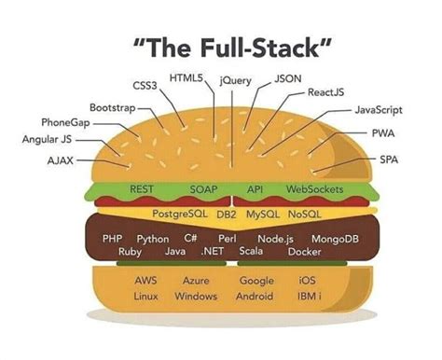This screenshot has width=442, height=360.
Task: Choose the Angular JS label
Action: (x=47, y=141)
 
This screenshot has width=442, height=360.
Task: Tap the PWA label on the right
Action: (x=382, y=134)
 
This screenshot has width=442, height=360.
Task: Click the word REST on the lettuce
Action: (x=143, y=189)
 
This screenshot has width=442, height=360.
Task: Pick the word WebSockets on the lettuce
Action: (x=314, y=189)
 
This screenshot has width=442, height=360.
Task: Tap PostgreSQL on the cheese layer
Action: (x=179, y=215)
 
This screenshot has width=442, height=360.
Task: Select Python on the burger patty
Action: (x=153, y=239)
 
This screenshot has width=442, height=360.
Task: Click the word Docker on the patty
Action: (x=304, y=252)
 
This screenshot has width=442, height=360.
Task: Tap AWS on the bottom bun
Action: (x=145, y=281)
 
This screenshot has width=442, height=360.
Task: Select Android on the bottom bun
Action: (x=255, y=297)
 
